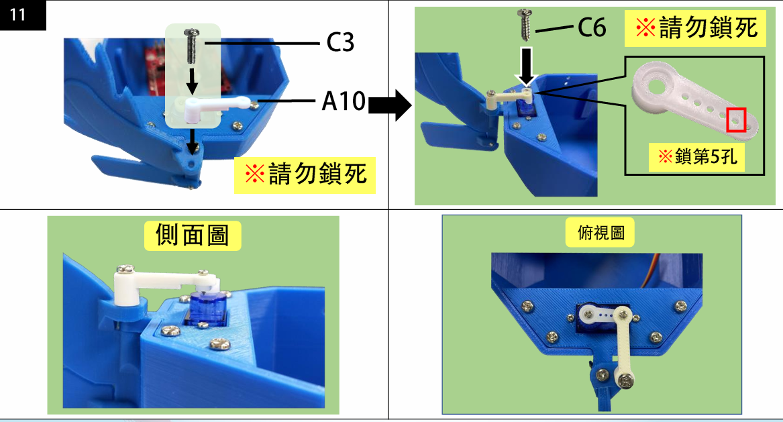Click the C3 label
click(x=340, y=43)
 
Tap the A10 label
click(x=343, y=102)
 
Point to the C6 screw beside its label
click(x=525, y=25)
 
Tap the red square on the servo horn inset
click(x=737, y=119)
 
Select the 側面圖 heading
click(x=192, y=235)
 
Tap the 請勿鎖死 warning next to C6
click(x=696, y=28)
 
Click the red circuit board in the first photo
click(x=155, y=70)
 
